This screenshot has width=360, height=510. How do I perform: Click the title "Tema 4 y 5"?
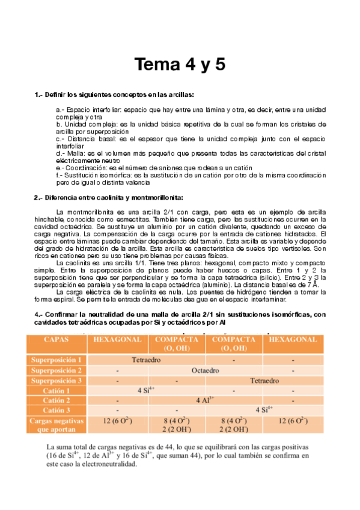tap(180, 64)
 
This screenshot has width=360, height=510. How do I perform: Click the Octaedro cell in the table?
tap(204, 370)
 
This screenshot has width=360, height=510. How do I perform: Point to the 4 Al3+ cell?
tap(204, 401)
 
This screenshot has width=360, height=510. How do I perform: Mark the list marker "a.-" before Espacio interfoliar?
tap(60, 111)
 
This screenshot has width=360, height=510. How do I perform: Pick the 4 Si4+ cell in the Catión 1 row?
tap(147, 390)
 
